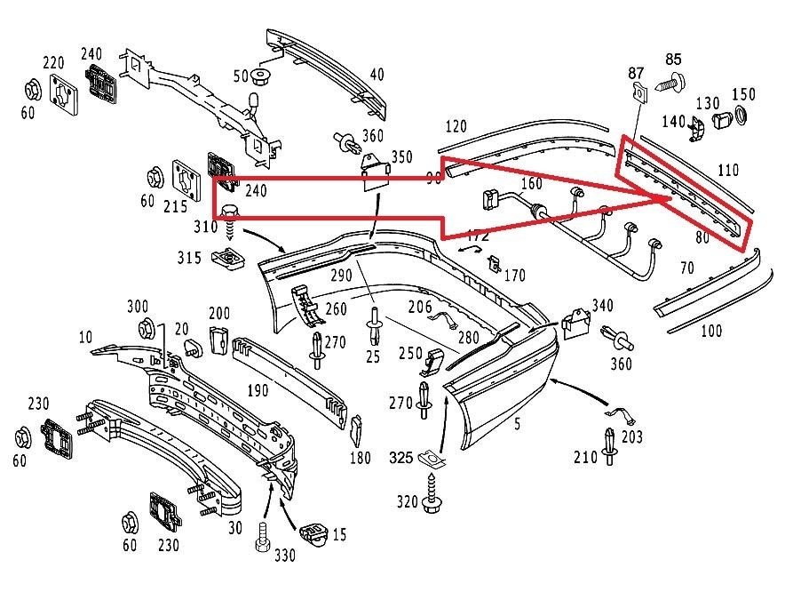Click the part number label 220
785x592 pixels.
(x=53, y=63)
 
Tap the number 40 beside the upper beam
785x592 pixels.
(x=377, y=75)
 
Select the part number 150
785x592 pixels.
(x=743, y=95)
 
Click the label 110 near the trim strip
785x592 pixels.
(x=727, y=169)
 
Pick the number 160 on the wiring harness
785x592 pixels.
(x=530, y=185)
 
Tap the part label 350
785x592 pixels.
(x=401, y=157)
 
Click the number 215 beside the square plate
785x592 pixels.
(x=175, y=206)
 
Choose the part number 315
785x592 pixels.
(x=189, y=258)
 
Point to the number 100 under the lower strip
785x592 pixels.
(x=710, y=332)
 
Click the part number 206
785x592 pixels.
(x=420, y=307)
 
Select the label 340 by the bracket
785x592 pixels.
(x=602, y=306)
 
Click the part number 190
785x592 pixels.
(x=258, y=390)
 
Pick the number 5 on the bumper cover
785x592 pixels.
(x=517, y=425)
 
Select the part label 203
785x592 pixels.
(x=631, y=437)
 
